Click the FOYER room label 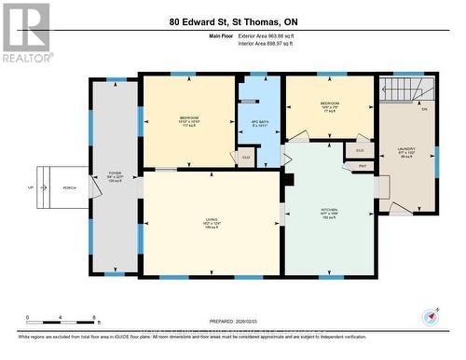(116, 174)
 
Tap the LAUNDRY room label (406, 147)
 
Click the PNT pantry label (361, 166)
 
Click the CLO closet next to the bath (246, 158)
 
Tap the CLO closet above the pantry (361, 150)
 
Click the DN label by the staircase (423, 109)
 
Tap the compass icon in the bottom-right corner (431, 315)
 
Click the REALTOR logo (25, 32)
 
